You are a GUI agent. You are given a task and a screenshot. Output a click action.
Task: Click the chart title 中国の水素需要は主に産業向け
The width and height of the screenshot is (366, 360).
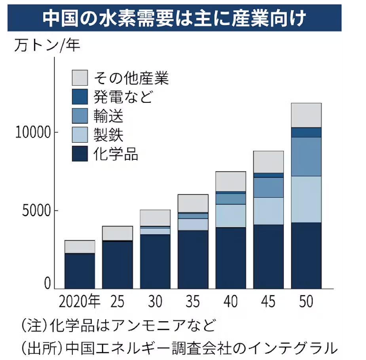[x=174, y=18]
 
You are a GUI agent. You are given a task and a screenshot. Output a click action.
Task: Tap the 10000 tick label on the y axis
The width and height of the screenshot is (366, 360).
[x=33, y=132]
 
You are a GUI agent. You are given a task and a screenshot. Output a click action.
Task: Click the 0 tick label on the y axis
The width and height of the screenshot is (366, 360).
[x=47, y=283]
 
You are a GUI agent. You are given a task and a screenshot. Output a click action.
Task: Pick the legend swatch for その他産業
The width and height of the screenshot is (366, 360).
[x=80, y=78]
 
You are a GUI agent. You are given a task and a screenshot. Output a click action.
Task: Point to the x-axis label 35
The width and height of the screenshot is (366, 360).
[x=193, y=302]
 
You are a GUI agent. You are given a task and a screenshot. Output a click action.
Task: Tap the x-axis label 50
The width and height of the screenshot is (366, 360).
[x=306, y=302]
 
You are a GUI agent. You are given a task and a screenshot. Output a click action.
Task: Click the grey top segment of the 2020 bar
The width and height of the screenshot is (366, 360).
[x=80, y=247]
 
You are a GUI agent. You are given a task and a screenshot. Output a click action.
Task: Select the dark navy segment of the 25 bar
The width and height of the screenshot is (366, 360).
[x=118, y=265]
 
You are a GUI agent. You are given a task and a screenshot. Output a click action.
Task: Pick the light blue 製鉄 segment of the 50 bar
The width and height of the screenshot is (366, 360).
[x=306, y=199]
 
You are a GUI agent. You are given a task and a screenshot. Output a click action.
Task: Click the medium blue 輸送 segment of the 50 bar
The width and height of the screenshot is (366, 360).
[x=306, y=156]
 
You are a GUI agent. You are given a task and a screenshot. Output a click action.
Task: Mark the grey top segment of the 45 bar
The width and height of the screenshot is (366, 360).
[x=268, y=162]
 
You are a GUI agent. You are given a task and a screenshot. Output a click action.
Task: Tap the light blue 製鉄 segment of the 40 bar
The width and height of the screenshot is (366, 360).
[x=231, y=216]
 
